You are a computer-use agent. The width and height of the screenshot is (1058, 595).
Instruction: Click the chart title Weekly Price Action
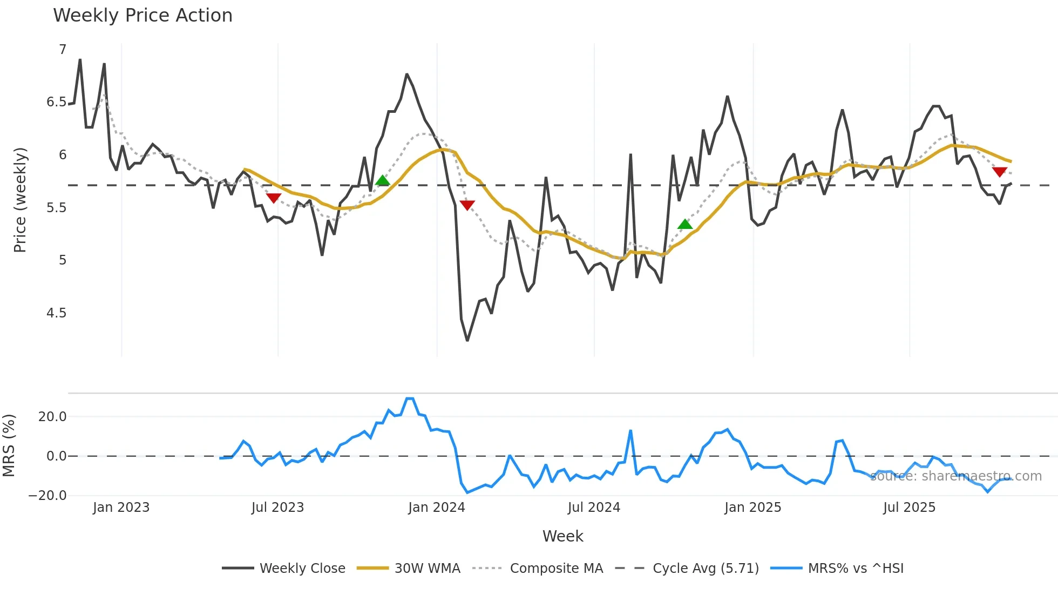(143, 16)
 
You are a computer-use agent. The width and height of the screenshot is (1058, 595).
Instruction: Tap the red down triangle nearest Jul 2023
(274, 198)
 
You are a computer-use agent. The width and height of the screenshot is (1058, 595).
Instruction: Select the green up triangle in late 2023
(383, 180)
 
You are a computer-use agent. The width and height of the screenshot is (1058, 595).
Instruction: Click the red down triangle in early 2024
(467, 205)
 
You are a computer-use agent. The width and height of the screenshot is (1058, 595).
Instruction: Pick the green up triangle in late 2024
(685, 224)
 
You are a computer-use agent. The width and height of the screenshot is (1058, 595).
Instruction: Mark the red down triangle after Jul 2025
(999, 172)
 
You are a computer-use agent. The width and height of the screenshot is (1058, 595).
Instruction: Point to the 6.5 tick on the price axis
(56, 102)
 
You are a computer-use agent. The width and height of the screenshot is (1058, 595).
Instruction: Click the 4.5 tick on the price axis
(56, 313)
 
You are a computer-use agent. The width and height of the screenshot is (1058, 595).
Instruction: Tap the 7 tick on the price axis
(63, 50)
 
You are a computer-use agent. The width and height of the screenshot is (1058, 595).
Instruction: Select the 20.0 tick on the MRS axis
(52, 417)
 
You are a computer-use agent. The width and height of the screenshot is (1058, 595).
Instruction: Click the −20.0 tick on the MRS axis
(48, 496)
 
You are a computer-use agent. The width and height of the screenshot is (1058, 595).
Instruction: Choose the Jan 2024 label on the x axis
(436, 508)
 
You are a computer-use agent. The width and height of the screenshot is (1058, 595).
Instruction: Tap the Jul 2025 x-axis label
(909, 508)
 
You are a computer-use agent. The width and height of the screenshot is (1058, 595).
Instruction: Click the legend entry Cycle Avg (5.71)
(705, 569)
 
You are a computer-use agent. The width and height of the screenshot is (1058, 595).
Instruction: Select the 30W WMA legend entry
(427, 569)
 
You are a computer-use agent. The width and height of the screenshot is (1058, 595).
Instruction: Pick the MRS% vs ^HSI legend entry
(855, 569)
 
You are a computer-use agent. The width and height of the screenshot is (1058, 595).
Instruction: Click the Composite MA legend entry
(556, 569)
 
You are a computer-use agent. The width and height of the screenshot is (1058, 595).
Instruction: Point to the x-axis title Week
(562, 536)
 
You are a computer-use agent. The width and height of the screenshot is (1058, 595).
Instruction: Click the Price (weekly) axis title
(20, 200)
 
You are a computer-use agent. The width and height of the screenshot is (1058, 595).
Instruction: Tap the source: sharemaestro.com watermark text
(955, 476)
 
